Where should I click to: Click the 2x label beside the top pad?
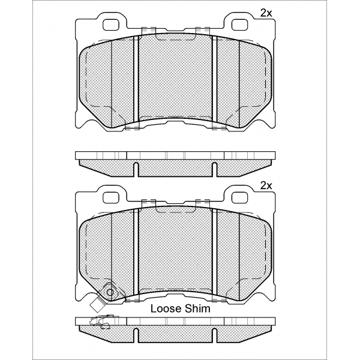(x=266, y=14)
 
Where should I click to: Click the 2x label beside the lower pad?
(x=266, y=186)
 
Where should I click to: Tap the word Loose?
(x=166, y=309)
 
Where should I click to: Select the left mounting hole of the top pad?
(x=112, y=25)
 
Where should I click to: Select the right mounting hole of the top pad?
(x=239, y=25)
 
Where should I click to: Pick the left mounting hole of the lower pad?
(x=112, y=197)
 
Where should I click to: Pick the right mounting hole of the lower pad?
(x=239, y=197)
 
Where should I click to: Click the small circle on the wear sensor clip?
(x=110, y=292)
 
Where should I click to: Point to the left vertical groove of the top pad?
(x=136, y=79)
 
